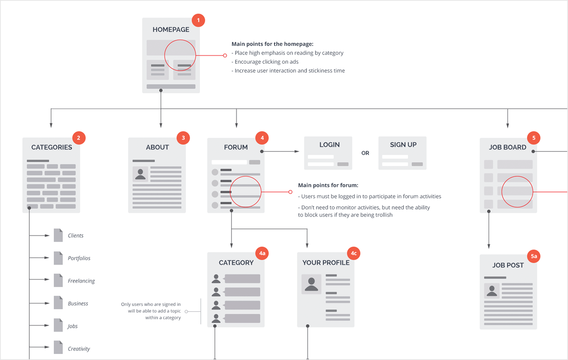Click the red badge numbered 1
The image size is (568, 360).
198,20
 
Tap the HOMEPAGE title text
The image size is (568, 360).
171,30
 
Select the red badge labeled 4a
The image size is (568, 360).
262,253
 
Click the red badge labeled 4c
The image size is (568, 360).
354,253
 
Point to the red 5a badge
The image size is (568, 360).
534,256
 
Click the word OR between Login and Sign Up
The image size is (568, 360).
365,153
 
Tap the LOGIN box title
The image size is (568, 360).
329,145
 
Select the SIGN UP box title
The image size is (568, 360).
403,145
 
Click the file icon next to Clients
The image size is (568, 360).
58,235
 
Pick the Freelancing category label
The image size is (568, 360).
81,281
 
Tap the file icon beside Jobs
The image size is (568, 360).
58,326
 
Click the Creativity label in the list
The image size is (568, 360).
79,349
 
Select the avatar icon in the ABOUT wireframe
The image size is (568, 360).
140,174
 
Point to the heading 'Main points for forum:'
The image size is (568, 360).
328,185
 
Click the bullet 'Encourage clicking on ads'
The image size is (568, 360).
266,62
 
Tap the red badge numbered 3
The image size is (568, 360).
183,138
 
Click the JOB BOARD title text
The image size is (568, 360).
507,147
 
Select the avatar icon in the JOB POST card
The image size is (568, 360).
492,291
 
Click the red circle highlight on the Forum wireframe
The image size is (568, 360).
246,192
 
